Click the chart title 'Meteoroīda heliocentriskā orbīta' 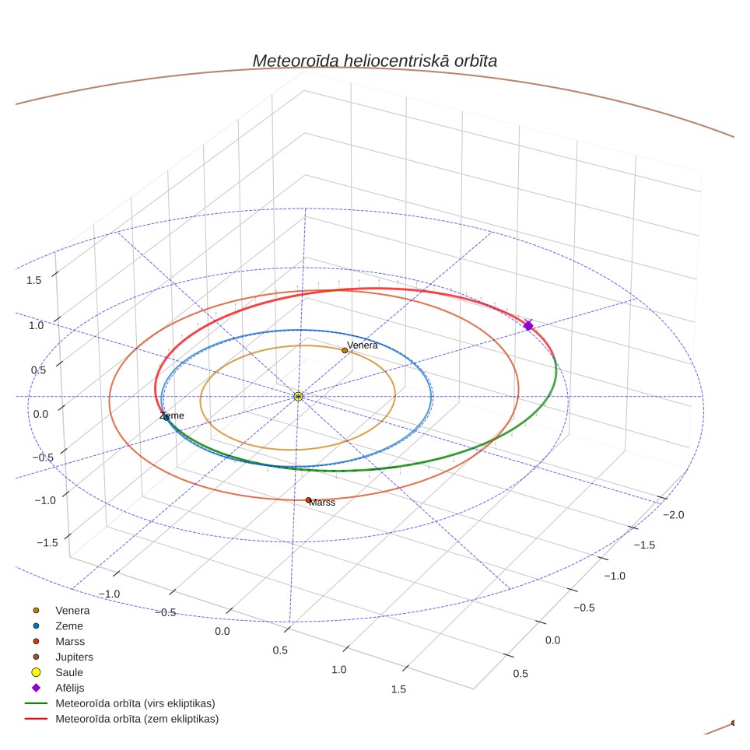374,61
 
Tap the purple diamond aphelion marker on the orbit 528,325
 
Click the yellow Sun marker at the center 298,397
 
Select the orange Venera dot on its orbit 345,351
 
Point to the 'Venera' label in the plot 362,345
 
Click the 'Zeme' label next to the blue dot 172,415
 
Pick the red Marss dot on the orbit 308,500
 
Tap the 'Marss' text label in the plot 322,503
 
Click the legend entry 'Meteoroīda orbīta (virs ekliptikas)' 120,703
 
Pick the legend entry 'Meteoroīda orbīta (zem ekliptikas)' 122,719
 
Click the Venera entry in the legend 61,611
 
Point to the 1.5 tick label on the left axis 34,280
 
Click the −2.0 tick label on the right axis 674,515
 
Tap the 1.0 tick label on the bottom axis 338,670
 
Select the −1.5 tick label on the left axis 47,542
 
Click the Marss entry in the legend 58,641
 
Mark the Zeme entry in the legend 58,626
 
